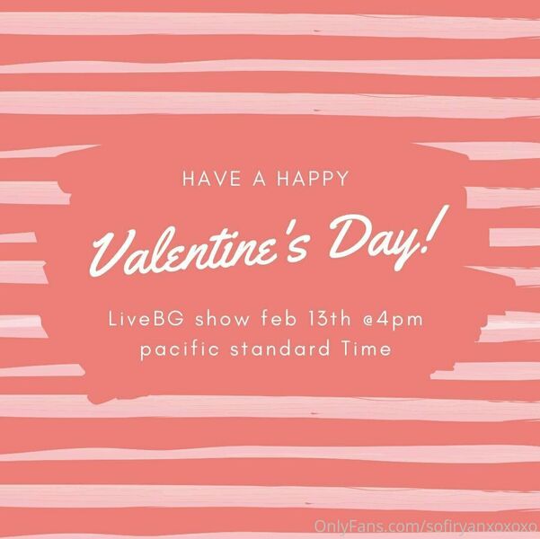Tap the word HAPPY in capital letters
click(313, 179)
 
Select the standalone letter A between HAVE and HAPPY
click(260, 179)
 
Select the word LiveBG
click(146, 319)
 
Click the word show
click(222, 320)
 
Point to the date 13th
click(329, 319)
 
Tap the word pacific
click(180, 349)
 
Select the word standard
click(280, 349)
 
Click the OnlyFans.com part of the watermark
click(366, 526)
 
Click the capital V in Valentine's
click(112, 252)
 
